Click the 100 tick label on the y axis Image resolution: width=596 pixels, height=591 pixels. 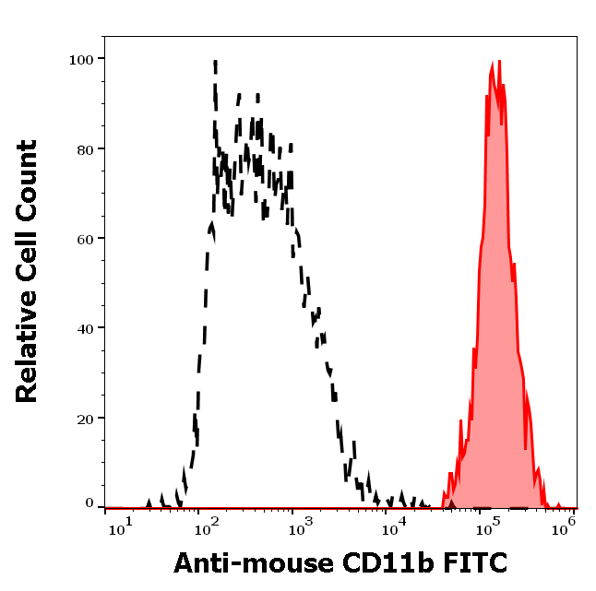(81, 59)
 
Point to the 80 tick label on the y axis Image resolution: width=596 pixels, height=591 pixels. (85, 148)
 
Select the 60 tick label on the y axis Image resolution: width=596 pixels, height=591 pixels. (85, 238)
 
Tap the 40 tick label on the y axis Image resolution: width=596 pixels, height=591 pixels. (85, 327)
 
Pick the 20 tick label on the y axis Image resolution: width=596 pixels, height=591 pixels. (85, 418)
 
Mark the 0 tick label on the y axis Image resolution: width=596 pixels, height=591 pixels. (89, 503)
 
